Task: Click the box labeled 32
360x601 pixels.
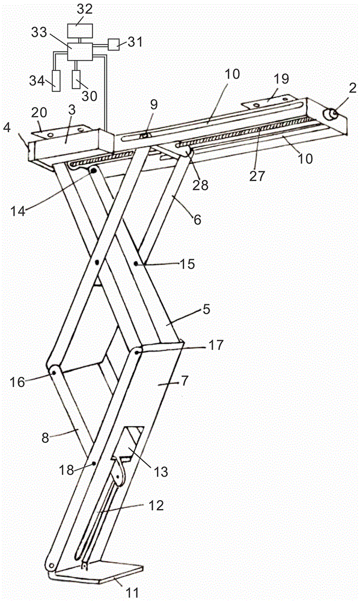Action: pos(80,30)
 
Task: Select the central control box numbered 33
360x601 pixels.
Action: pos(80,51)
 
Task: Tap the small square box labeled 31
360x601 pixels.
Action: pos(114,45)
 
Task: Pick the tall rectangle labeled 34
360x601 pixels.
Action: pos(56,81)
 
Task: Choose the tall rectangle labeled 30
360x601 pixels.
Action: pos(77,79)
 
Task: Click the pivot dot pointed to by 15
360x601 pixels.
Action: pos(136,264)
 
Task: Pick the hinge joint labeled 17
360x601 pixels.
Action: pos(137,350)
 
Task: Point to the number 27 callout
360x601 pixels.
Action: pos(257,176)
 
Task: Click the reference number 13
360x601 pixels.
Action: pos(162,471)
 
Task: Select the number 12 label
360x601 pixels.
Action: pos(156,505)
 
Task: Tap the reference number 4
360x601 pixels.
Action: pos(7,127)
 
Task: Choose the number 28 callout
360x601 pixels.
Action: pos(201,185)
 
